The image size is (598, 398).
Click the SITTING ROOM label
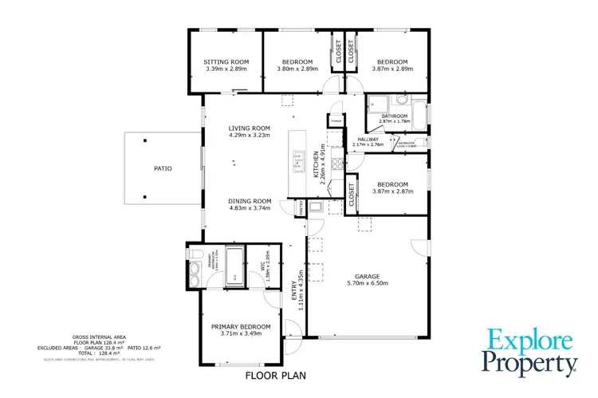[226, 61]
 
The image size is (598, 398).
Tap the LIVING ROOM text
[249, 128]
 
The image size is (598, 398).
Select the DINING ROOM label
[250, 201]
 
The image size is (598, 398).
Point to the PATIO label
[163, 168]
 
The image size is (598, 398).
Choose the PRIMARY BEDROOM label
[241, 326]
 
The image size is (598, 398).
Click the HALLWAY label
[368, 140]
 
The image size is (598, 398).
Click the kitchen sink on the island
[298, 161]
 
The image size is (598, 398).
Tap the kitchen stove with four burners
[337, 164]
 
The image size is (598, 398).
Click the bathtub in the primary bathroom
[234, 266]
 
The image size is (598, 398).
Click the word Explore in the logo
[529, 341]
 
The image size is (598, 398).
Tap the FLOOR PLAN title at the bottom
[274, 375]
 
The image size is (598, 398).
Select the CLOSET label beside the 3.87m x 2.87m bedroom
[351, 195]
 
